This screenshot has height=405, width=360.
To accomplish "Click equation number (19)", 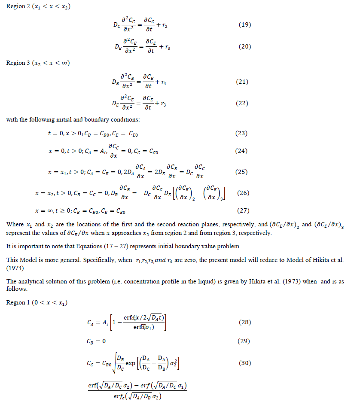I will [244, 24].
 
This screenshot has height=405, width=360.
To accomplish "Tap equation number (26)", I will [243, 193].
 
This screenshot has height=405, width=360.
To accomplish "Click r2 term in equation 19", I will [165, 26].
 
